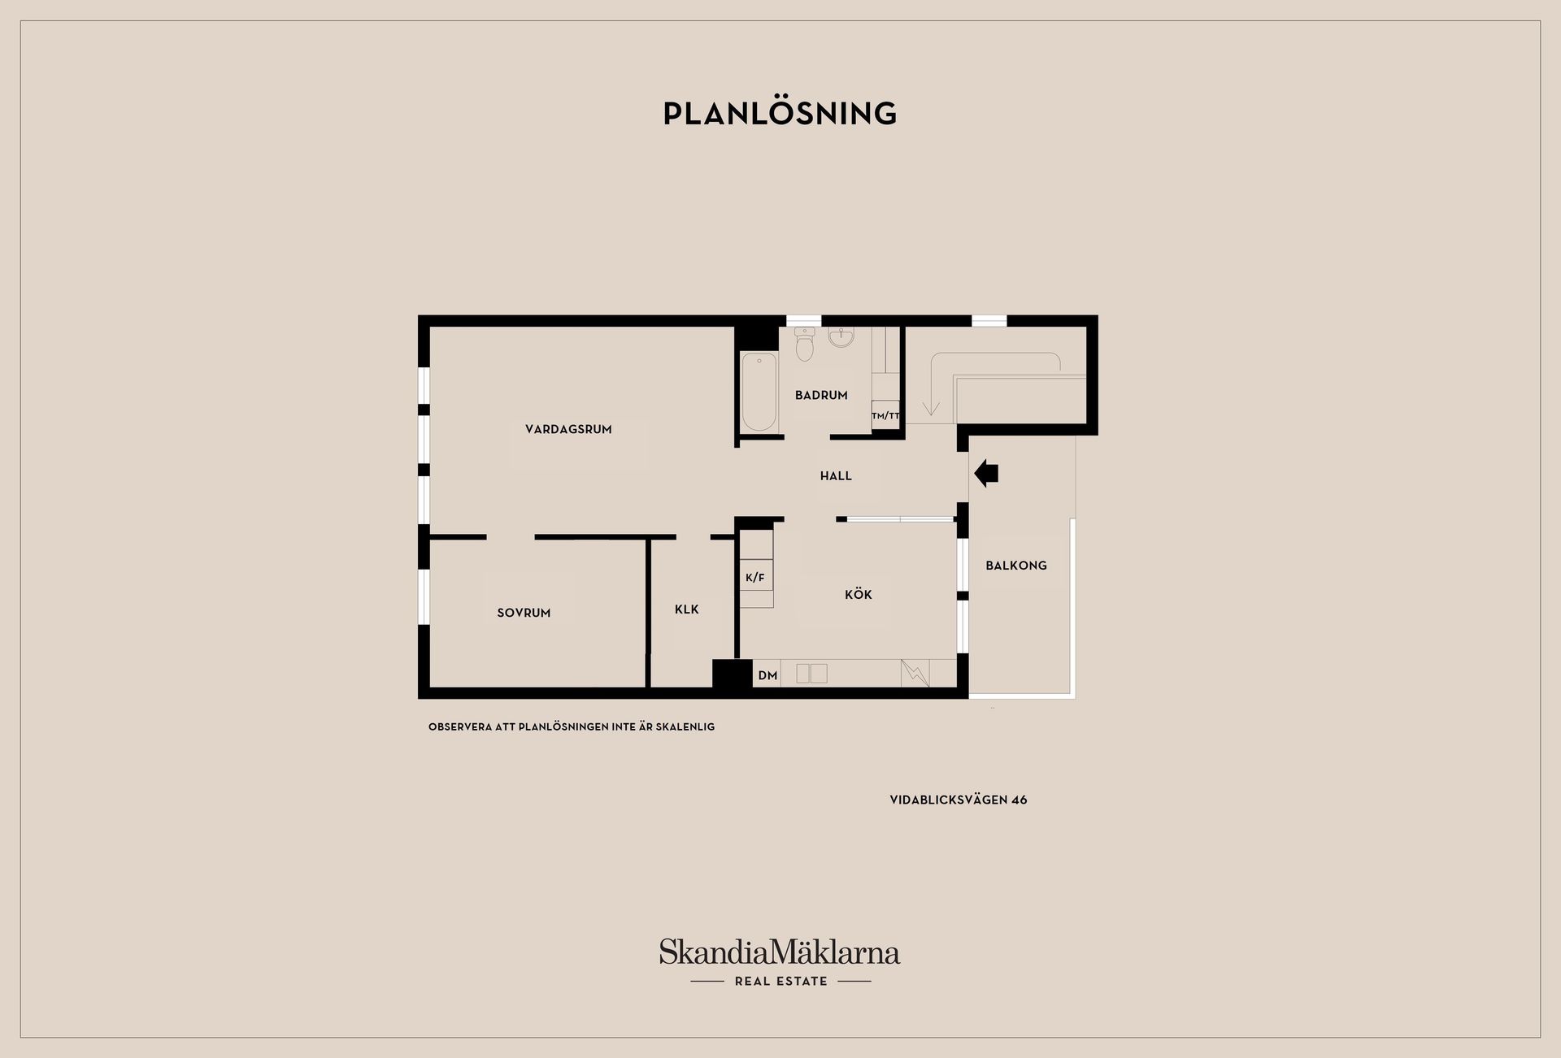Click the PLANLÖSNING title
pyautogui.click(x=780, y=113)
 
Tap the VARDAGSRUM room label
pyautogui.click(x=568, y=429)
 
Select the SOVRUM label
pyautogui.click(x=524, y=613)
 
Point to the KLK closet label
pyautogui.click(x=686, y=609)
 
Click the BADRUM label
pyautogui.click(x=821, y=395)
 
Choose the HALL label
pyautogui.click(x=836, y=476)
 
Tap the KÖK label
pyautogui.click(x=858, y=594)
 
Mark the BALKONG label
pyautogui.click(x=1016, y=566)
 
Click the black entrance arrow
pyautogui.click(x=985, y=472)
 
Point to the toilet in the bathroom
pyautogui.click(x=805, y=344)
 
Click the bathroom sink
pyautogui.click(x=841, y=336)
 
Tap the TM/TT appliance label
pyautogui.click(x=885, y=416)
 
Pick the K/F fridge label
pyautogui.click(x=755, y=578)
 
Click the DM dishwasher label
pyautogui.click(x=767, y=675)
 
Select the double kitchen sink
pyautogui.click(x=811, y=674)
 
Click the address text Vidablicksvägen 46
pyautogui.click(x=959, y=800)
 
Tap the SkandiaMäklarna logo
pyautogui.click(x=780, y=952)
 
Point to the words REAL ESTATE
pyautogui.click(x=781, y=982)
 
